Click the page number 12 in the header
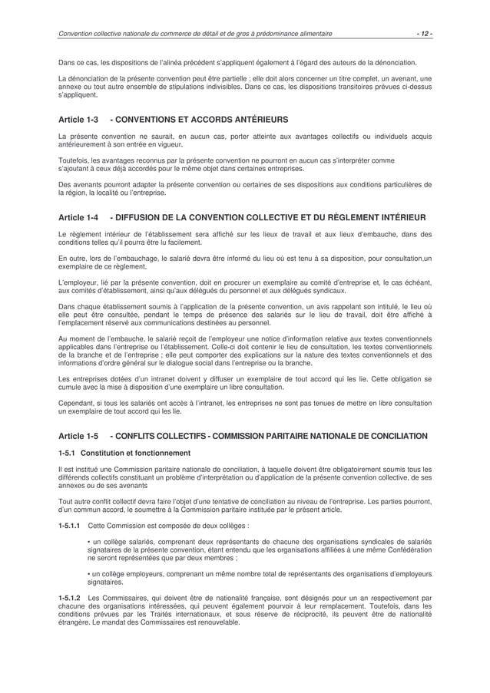(424, 34)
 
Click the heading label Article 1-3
(78, 120)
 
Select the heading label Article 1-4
(78, 218)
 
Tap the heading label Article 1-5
(78, 436)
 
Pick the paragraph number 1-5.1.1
(70, 526)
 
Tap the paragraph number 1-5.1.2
(70, 596)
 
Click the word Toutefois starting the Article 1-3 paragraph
(74, 160)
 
